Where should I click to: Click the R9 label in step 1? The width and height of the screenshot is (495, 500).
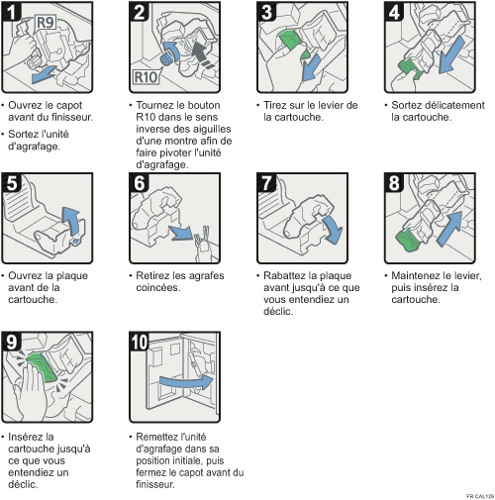point(46,23)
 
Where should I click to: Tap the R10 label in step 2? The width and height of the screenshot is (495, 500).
point(146,77)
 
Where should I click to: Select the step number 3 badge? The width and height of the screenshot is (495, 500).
point(267,12)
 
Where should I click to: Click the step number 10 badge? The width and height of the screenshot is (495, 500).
point(139,342)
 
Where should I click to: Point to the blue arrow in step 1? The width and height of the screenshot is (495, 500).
point(45,74)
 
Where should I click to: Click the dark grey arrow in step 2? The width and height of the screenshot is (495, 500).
point(202,53)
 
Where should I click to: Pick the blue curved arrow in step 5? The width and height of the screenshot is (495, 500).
point(72,221)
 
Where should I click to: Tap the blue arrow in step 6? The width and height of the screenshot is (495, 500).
point(180,233)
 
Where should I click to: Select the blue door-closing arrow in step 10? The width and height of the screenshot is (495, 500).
point(186,382)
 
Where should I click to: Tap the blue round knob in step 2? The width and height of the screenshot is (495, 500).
point(165,59)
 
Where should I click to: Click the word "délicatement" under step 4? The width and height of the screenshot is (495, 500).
point(455,105)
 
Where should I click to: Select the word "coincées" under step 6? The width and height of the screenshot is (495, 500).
point(158,287)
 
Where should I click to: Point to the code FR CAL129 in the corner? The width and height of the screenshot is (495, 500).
point(480,496)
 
